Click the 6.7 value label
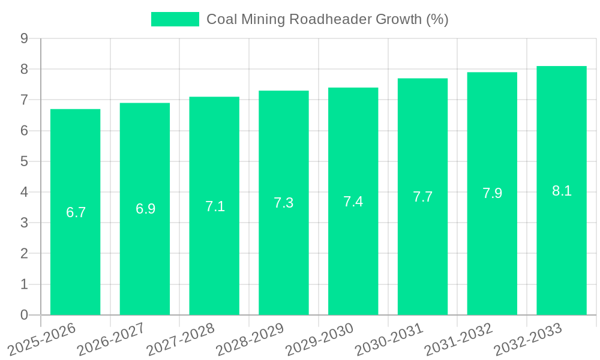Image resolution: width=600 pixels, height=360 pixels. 76,212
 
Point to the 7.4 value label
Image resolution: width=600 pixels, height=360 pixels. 353,202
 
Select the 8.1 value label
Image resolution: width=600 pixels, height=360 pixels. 562,191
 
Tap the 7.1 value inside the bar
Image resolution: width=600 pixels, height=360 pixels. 215,206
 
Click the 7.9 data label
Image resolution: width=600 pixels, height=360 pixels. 492,193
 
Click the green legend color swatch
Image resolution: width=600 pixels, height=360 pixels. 175,19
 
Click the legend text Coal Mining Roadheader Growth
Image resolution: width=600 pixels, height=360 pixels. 327,19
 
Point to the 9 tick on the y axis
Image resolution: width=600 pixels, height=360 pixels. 24,38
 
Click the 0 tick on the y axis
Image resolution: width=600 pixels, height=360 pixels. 24,315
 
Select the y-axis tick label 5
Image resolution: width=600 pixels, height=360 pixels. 24,161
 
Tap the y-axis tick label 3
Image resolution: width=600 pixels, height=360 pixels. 24,223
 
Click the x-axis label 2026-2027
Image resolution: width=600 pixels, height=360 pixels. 111,340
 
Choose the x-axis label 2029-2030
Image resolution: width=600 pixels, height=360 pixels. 319,340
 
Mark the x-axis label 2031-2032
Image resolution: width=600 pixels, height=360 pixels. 458,340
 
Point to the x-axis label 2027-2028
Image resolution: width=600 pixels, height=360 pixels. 181,340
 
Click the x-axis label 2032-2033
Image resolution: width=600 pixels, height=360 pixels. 528,340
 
